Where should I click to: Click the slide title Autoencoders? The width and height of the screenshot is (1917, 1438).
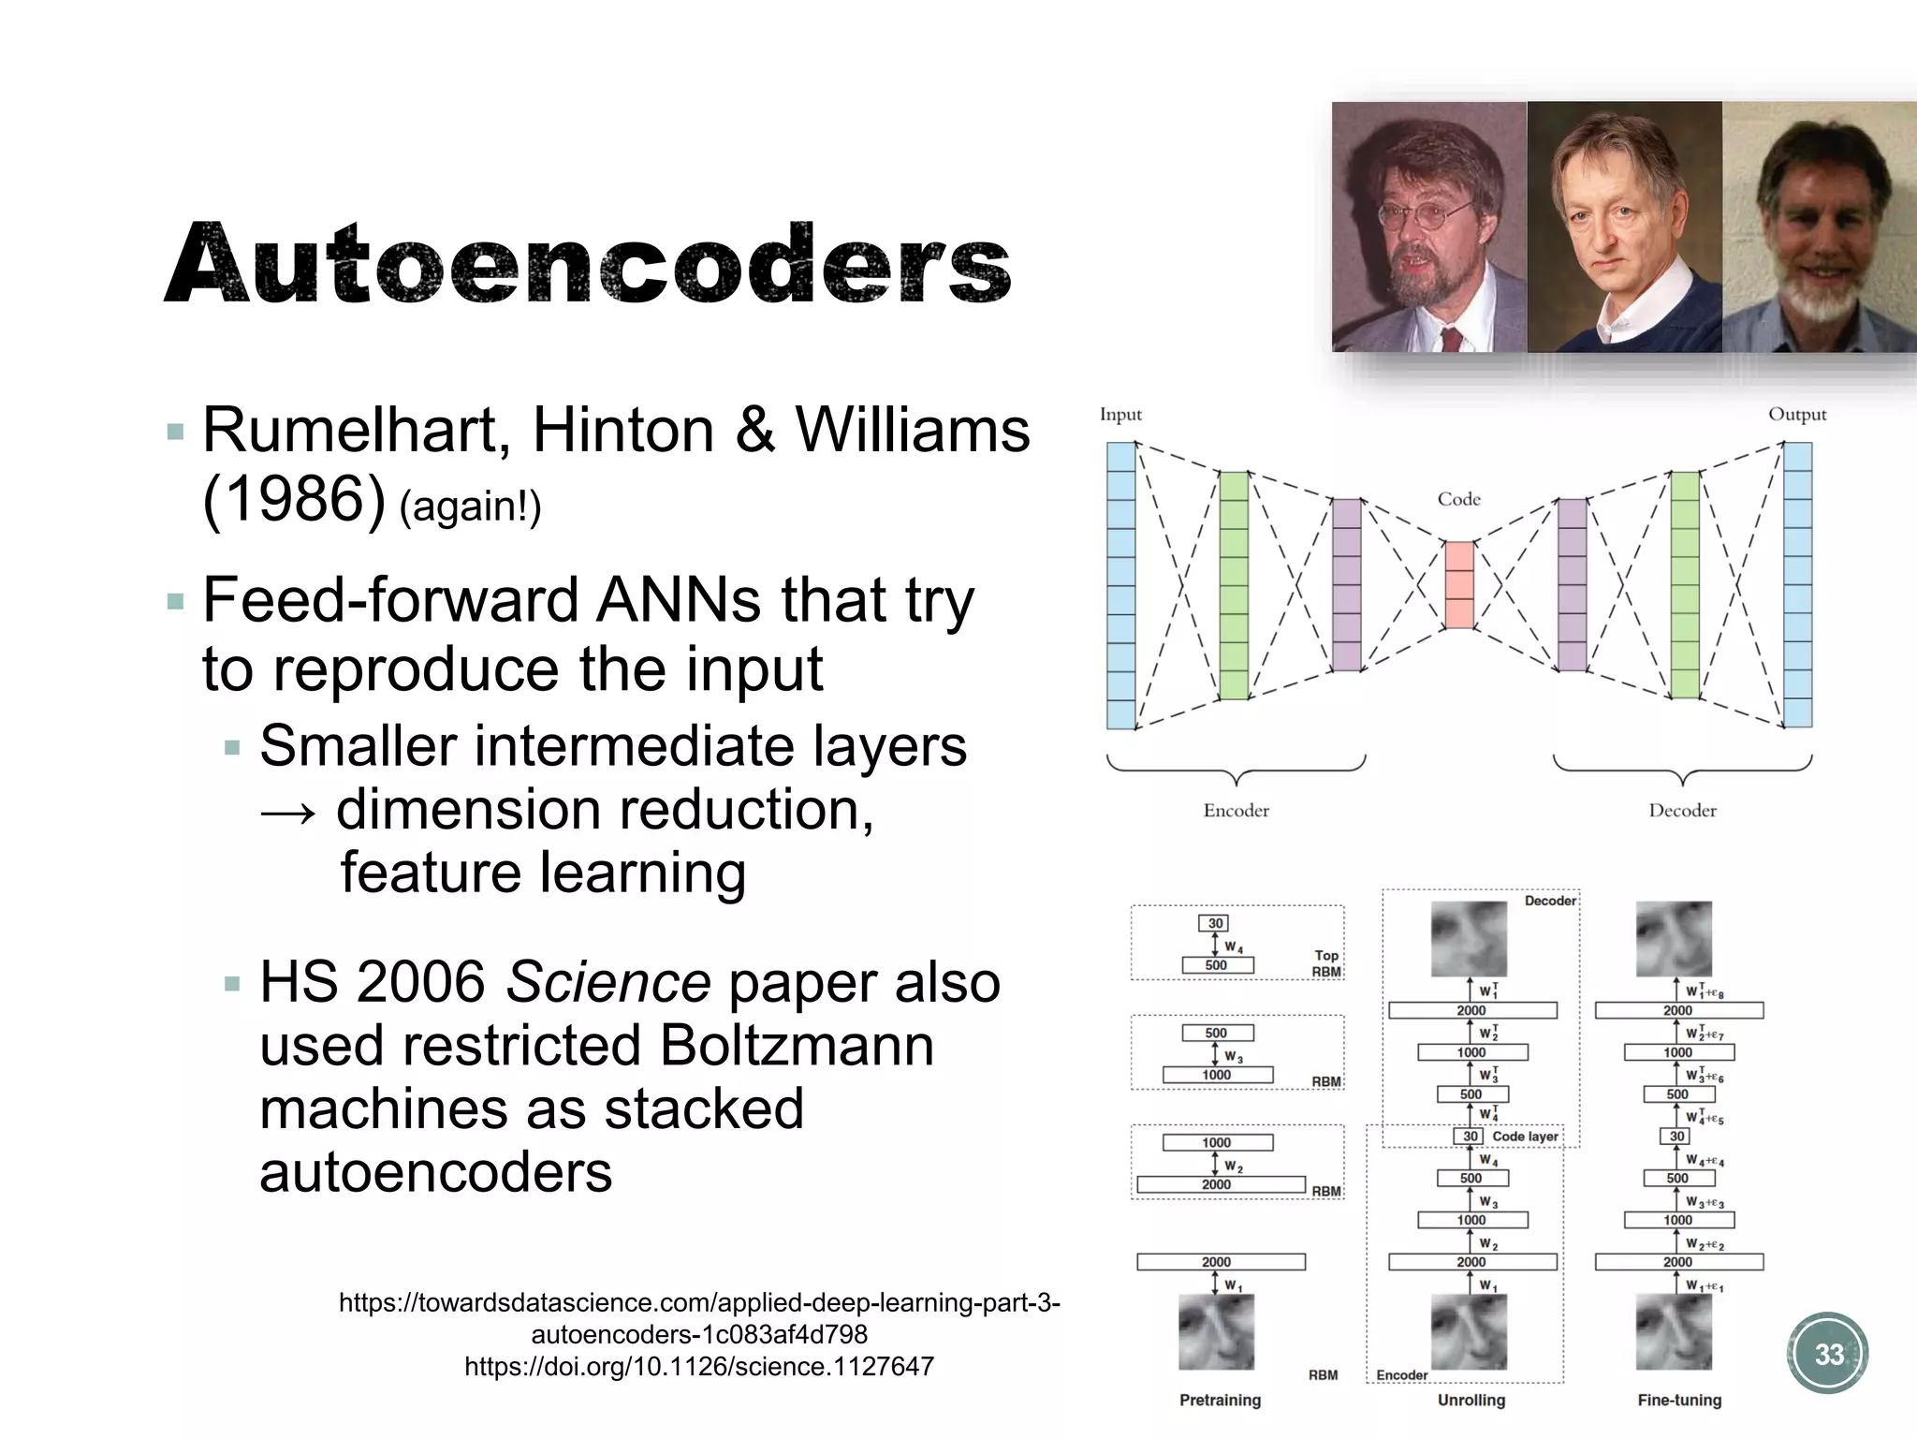click(588, 263)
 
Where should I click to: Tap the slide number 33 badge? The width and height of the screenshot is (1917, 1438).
click(1828, 1354)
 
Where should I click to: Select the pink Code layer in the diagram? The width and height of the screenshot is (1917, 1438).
click(1458, 584)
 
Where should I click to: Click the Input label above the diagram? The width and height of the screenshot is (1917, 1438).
click(1120, 414)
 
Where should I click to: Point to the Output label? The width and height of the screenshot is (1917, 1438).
click(1796, 414)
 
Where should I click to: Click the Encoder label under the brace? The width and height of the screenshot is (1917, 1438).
click(1236, 811)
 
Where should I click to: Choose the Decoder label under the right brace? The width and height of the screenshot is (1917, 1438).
click(1682, 811)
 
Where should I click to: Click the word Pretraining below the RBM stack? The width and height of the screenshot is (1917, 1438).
click(1220, 1400)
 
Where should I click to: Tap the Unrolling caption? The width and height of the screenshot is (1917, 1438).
click(1471, 1400)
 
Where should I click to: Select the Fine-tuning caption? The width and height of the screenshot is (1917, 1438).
click(1679, 1400)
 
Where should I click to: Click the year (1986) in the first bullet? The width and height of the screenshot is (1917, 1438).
click(294, 499)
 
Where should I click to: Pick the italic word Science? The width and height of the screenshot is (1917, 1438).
click(608, 982)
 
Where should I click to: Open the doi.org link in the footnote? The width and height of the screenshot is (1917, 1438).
click(699, 1367)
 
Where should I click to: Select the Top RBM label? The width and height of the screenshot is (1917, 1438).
click(1326, 963)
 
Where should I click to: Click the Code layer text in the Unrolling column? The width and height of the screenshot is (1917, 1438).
click(1525, 1137)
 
